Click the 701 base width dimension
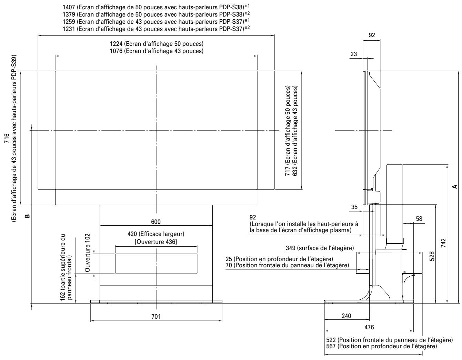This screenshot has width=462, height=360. point(156,316)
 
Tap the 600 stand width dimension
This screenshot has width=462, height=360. point(156,222)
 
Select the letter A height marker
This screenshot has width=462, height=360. point(455,186)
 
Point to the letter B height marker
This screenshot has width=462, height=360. point(27,216)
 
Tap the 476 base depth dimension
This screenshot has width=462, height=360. point(368,327)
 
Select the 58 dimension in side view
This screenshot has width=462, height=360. point(419,218)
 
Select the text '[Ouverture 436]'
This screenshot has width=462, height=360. point(156,242)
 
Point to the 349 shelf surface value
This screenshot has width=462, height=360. point(291,248)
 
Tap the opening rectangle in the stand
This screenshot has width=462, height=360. point(156,264)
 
